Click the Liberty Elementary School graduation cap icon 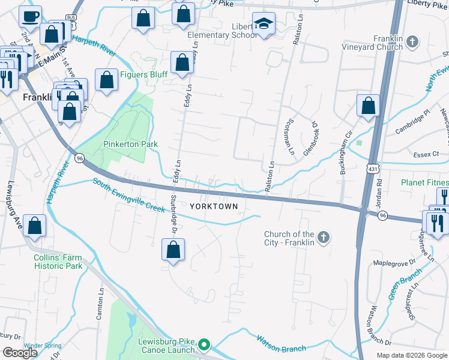pos(264,25)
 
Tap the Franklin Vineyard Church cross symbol pos(412,41)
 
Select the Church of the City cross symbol pos(323,238)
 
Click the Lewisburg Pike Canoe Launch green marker pos(204,344)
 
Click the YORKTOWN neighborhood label pos(214,206)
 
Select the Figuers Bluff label pos(143,74)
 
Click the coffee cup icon pos(30,16)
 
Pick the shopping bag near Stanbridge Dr pos(173,249)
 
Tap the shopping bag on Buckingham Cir pos(368,106)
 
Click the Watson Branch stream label pos(282,344)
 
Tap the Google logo pos(20,353)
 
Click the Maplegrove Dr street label pos(394,263)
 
